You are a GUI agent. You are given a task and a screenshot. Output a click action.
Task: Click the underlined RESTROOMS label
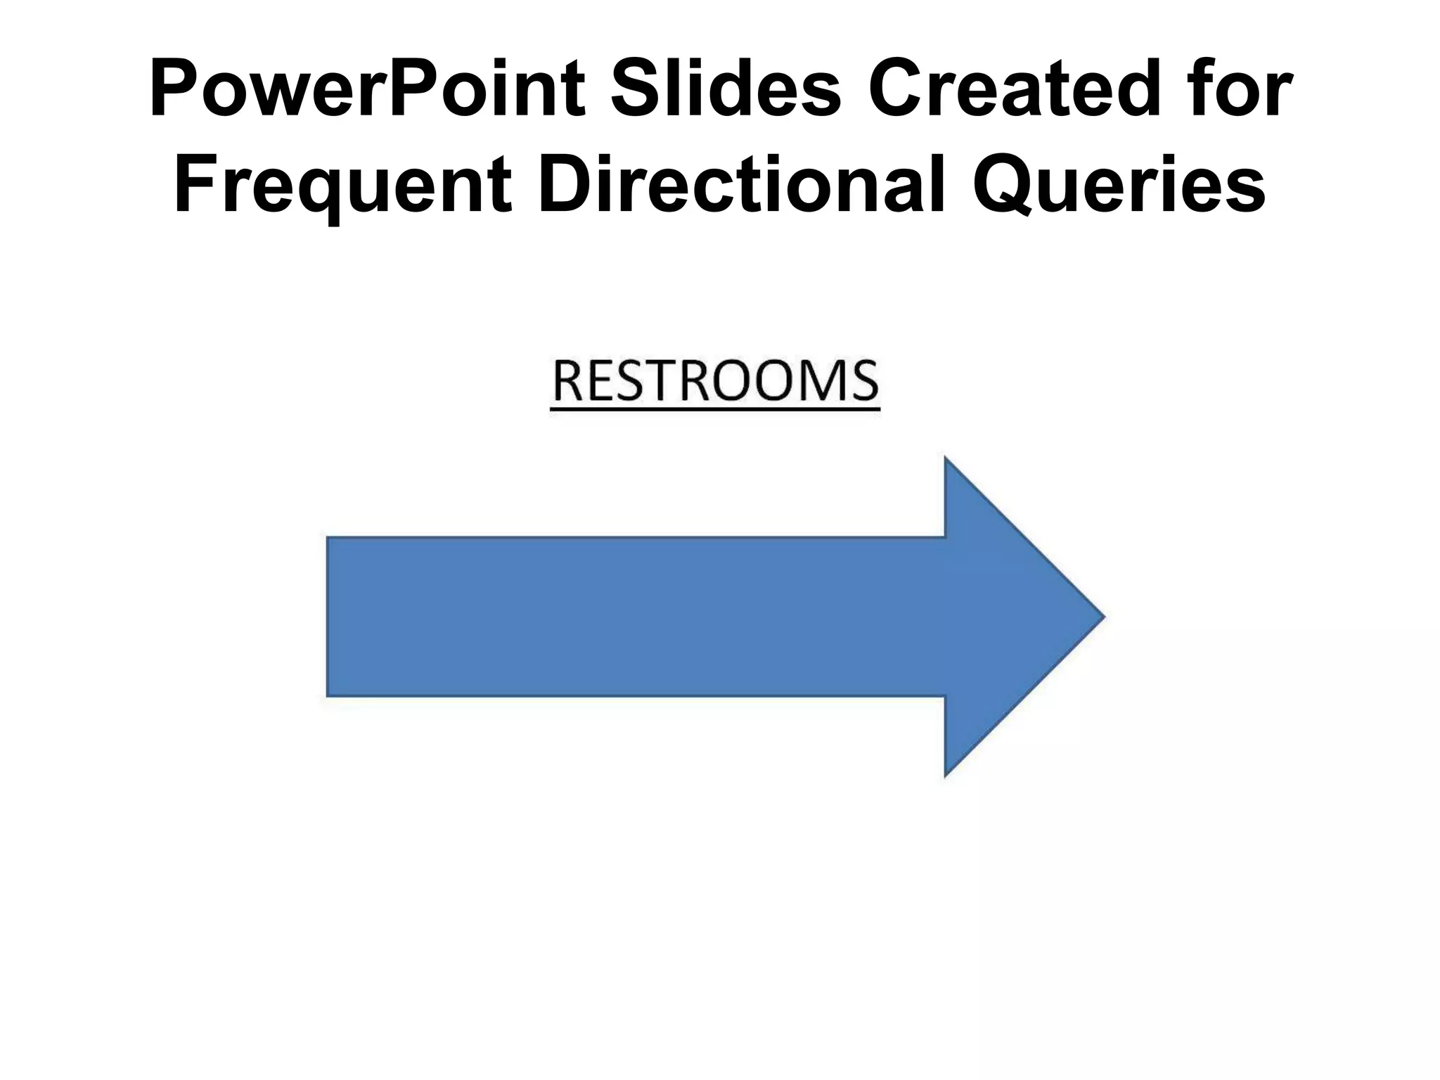[715, 383]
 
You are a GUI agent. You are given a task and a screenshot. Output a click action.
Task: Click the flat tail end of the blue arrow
[329, 617]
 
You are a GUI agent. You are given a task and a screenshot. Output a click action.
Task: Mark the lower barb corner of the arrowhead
[946, 775]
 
